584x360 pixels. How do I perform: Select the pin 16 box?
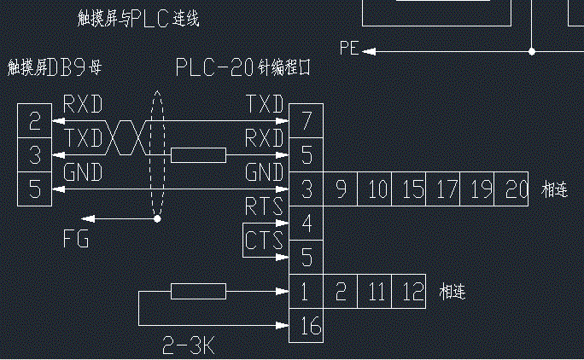tap(307, 324)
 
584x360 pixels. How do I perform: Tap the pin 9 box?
tap(341, 189)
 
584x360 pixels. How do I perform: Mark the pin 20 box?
tap(515, 189)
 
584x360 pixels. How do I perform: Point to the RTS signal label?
tap(264, 206)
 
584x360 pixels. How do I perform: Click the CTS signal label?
tap(264, 241)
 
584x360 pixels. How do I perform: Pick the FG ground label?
tap(76, 240)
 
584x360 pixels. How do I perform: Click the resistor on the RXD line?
tap(198, 155)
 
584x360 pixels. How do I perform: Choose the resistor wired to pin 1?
tap(198, 293)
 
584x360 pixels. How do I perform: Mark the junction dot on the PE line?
tap(531, 51)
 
